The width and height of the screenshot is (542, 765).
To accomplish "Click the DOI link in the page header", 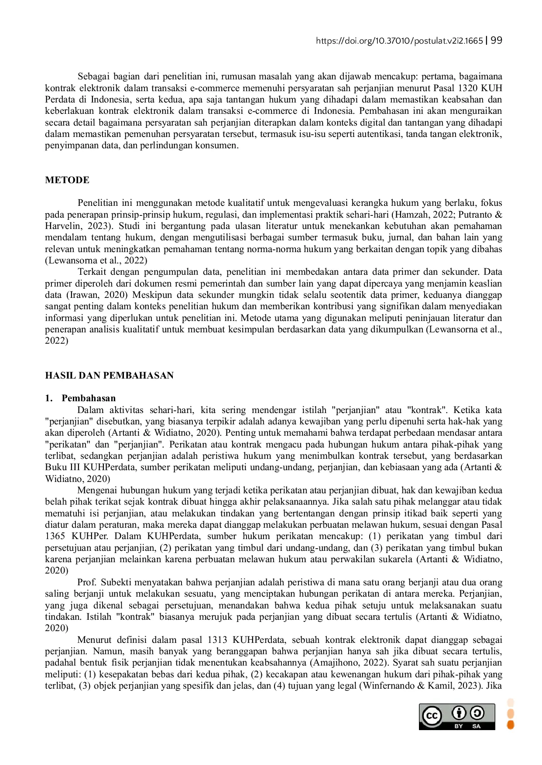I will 399,41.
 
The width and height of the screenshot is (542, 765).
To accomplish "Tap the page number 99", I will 497,41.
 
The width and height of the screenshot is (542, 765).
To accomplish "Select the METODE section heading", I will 67,180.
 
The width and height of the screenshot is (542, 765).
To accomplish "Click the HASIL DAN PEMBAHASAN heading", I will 109,376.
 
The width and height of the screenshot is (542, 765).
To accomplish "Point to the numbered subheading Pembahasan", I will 89,398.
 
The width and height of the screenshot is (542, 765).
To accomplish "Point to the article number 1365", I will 55,536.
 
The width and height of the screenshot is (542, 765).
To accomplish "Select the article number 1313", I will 217,640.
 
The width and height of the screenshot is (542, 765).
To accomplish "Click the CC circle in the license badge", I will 432,716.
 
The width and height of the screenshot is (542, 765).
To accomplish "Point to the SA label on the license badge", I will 476,726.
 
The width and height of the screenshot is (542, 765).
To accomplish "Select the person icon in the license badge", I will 459,713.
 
